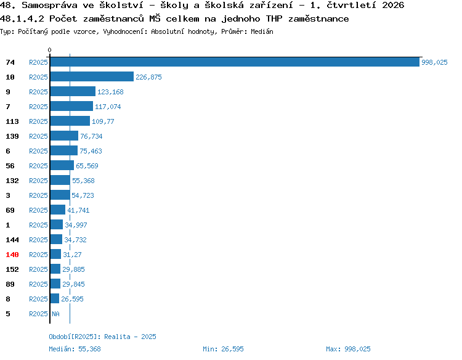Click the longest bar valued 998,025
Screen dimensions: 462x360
tap(235, 62)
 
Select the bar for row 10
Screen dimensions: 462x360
tap(92, 77)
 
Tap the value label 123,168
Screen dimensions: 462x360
tap(110, 92)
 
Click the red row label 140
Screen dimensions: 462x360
tap(12, 255)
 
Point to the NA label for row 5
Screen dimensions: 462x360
tap(55, 314)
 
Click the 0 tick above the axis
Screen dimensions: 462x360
tap(49, 50)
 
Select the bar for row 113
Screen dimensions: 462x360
tap(70, 121)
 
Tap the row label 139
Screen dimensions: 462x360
tap(12, 136)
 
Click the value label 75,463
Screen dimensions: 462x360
tap(91, 151)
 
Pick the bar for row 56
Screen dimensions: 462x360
tap(62, 166)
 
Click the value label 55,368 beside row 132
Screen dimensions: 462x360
tap(83, 181)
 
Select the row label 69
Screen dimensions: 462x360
tap(10, 210)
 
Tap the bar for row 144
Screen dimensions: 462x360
tap(56, 240)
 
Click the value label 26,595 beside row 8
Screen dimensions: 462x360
tap(72, 299)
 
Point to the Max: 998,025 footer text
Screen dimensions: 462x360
tap(348, 349)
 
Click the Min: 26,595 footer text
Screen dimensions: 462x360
tap(224, 349)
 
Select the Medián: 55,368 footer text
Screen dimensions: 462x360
tap(75, 349)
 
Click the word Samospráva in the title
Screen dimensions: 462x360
tap(49, 6)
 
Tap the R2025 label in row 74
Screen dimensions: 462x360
tap(38, 62)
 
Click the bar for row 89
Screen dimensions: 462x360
tap(55, 284)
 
